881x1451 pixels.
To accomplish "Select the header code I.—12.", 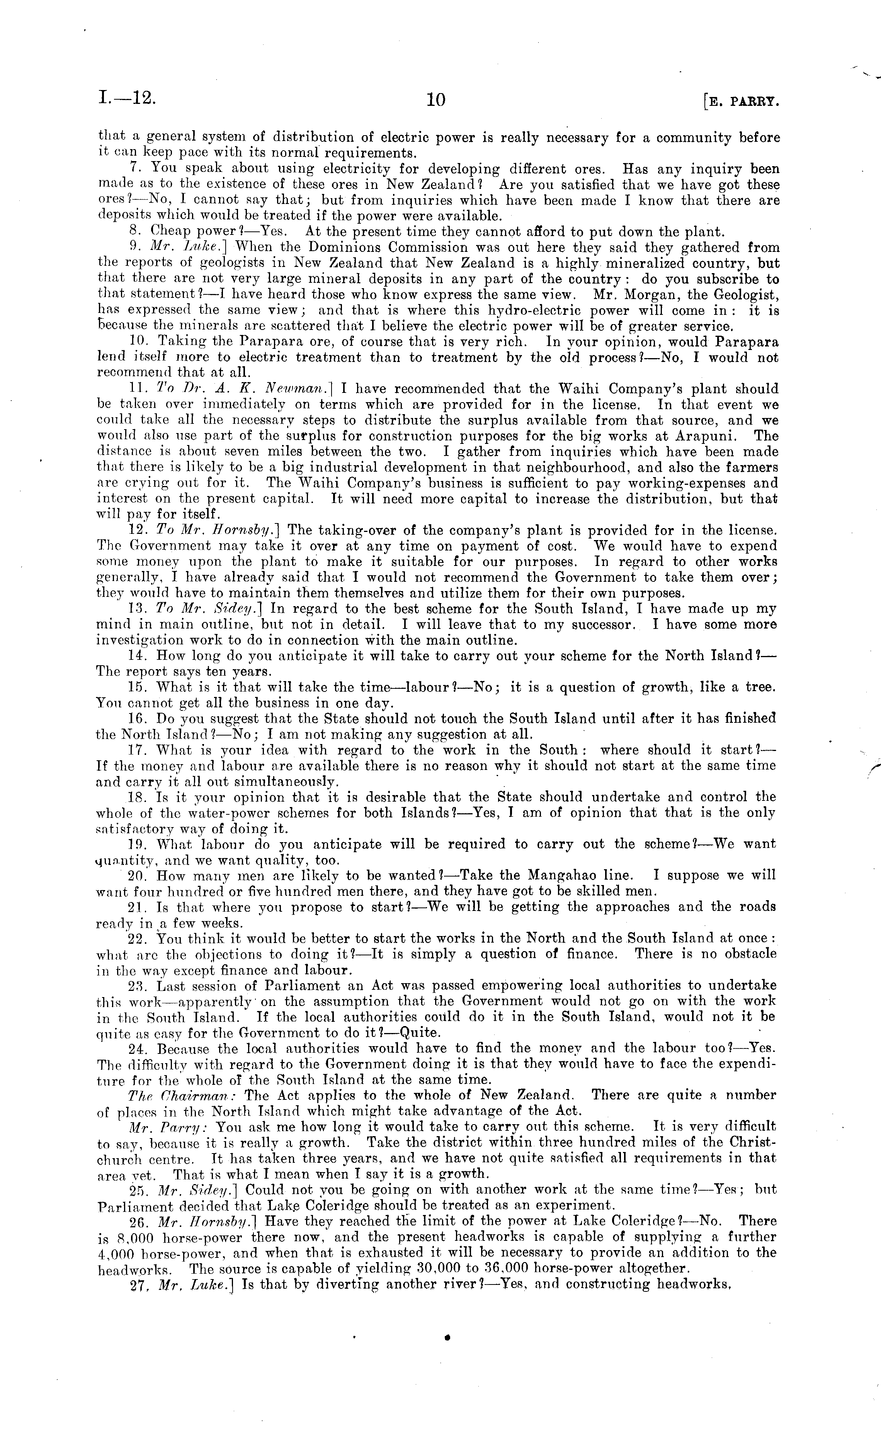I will [x=127, y=98].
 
